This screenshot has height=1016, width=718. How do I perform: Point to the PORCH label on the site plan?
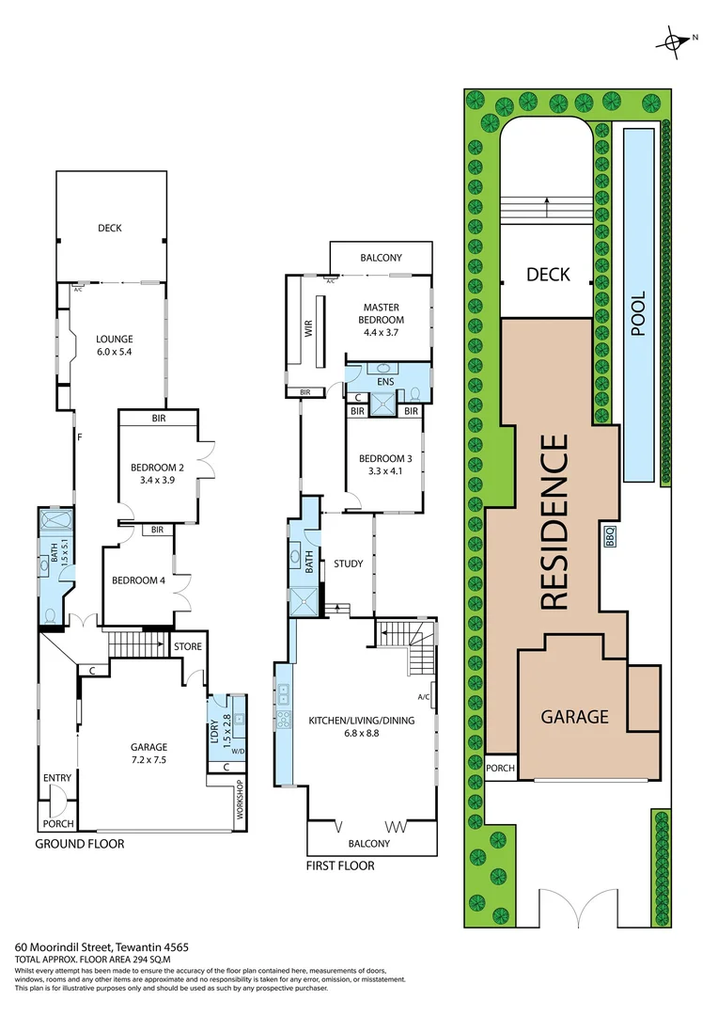[x=500, y=769]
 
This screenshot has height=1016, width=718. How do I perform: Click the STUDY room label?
[x=348, y=564]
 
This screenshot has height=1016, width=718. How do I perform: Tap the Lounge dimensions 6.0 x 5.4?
[x=115, y=353]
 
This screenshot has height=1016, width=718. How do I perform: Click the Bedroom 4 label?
[x=139, y=580]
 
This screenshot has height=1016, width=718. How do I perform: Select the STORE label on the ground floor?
[x=187, y=646]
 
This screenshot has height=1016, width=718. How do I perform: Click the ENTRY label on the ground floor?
[x=56, y=778]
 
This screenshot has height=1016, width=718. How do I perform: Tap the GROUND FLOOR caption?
[x=80, y=844]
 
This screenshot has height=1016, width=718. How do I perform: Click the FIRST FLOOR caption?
[x=340, y=865]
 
